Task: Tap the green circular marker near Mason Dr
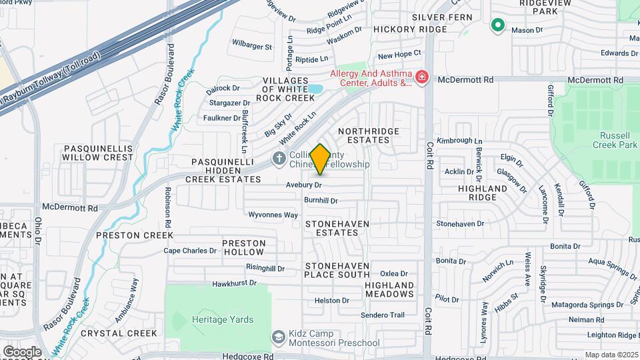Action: tap(497, 25)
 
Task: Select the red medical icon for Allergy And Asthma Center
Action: tap(421, 78)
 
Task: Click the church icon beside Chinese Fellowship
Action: tap(279, 158)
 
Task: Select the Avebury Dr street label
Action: tap(304, 184)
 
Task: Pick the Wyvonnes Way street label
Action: tap(273, 215)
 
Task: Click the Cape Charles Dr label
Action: tap(190, 251)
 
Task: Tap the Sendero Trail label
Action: tap(383, 315)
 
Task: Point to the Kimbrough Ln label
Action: tap(459, 141)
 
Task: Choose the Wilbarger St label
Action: tap(251, 47)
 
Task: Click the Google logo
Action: tap(22, 351)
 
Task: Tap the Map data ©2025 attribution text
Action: tap(611, 355)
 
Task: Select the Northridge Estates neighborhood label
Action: tap(364, 135)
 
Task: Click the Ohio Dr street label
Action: tap(38, 230)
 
